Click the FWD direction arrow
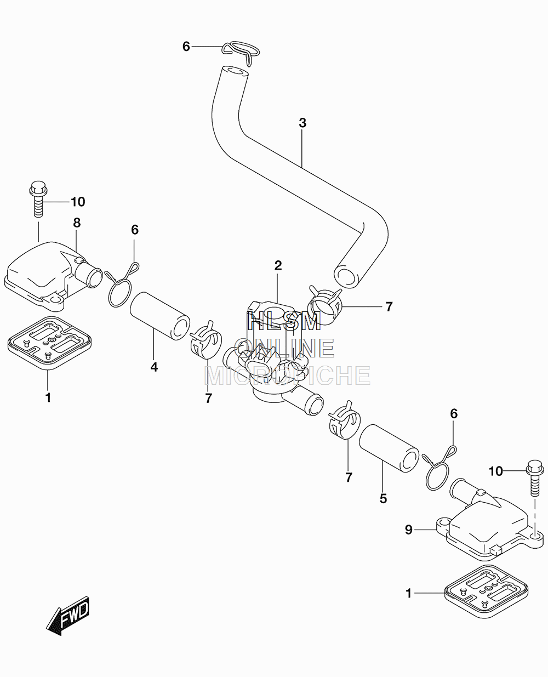tap(67, 616)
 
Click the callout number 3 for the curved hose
tap(302, 123)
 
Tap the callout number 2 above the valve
tap(278, 265)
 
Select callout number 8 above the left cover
tap(77, 223)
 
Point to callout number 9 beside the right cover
tap(409, 530)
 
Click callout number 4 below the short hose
tap(154, 367)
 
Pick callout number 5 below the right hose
tap(383, 499)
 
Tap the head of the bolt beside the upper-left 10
tap(38, 188)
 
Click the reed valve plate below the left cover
tap(49, 343)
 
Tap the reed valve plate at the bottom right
tap(486, 591)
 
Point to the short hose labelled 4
tap(160, 316)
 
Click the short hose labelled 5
tap(389, 448)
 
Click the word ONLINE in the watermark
tap(284, 348)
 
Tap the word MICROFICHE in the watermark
tap(287, 376)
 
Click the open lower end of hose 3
tap(344, 276)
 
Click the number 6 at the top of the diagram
tap(186, 47)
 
